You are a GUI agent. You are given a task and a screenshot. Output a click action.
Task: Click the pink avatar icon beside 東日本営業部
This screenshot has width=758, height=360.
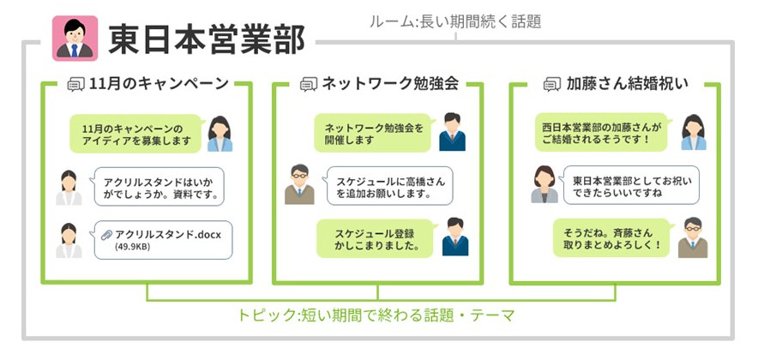coord(75,38)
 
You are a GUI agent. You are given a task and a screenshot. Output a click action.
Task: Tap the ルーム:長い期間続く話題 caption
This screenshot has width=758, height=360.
coord(455,21)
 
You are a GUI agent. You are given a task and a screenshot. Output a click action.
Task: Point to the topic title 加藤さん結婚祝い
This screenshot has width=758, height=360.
coord(628,84)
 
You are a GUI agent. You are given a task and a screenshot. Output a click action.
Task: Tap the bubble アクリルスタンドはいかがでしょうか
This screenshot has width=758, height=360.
coord(161,188)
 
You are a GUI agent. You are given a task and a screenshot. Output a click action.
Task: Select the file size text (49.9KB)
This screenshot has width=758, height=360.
coord(133,248)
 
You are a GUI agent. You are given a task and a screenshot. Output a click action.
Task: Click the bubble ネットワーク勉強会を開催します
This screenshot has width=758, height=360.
coord(372,134)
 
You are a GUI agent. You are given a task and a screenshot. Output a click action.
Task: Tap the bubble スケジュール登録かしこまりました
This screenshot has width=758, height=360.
coord(376,239)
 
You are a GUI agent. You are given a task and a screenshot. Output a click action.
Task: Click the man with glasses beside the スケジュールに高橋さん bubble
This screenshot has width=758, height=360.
coord(299,184)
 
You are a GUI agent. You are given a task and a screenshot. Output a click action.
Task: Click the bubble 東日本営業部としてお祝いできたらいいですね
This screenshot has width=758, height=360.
coord(630,186)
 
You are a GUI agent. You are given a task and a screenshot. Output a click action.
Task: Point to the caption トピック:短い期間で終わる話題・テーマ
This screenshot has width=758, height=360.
coord(376,315)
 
